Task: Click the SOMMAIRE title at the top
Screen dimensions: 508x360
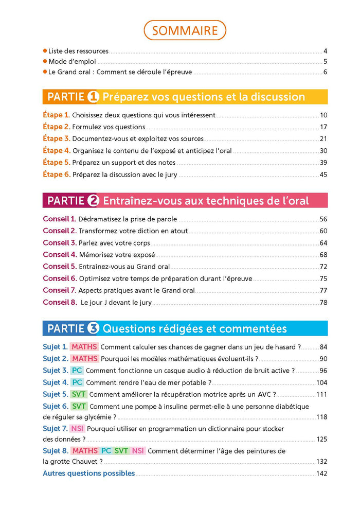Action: point(185,30)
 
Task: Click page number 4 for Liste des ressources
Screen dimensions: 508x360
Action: point(325,51)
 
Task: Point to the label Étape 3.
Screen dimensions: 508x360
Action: point(56,139)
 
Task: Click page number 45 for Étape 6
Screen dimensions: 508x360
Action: point(323,175)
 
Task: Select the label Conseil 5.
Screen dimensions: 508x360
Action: point(60,267)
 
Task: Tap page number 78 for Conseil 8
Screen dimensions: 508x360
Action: point(323,303)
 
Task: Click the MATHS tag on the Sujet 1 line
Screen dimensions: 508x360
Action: point(84,347)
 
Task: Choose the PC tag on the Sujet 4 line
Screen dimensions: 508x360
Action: point(77,382)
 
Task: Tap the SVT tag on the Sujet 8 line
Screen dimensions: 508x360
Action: point(121,451)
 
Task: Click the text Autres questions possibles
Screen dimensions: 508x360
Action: point(88,474)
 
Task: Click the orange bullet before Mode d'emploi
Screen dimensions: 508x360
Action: point(45,61)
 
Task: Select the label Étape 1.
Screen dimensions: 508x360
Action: point(56,115)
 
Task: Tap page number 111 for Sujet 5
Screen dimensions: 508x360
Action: point(322,394)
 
